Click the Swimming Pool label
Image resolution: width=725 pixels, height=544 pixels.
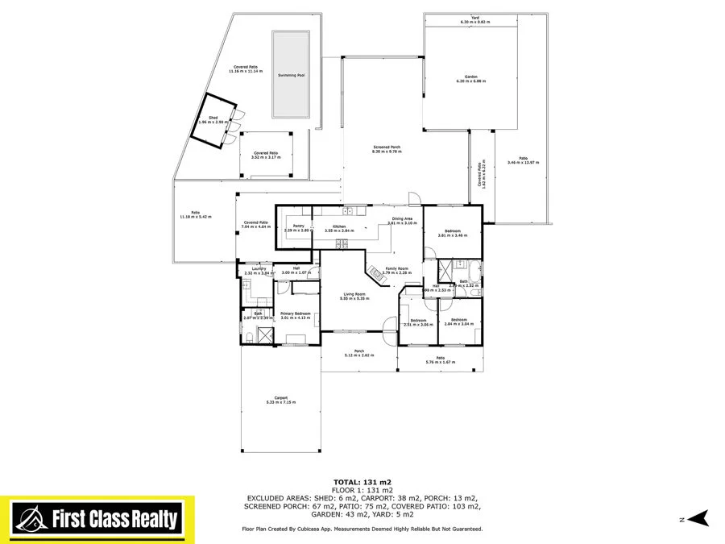pyautogui.click(x=291, y=75)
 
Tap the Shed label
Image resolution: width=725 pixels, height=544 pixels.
pyautogui.click(x=213, y=118)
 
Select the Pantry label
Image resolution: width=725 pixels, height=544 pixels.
pyautogui.click(x=297, y=226)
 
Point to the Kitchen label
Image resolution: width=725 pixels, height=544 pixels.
pyautogui.click(x=339, y=226)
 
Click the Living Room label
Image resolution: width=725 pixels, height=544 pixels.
pyautogui.click(x=355, y=294)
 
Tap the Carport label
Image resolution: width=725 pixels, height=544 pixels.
pyautogui.click(x=281, y=397)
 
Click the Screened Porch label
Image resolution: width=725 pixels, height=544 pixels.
pyautogui.click(x=387, y=147)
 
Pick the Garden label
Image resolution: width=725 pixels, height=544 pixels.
pyautogui.click(x=459, y=77)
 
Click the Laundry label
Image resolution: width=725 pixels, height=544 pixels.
pyautogui.click(x=259, y=269)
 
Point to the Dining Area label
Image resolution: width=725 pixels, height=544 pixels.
pyautogui.click(x=403, y=218)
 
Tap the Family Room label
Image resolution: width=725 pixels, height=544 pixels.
pyautogui.click(x=397, y=268)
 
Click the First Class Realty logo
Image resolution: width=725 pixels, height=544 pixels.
pyautogui.click(x=97, y=520)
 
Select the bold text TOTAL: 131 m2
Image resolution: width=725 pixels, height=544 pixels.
pyautogui.click(x=362, y=482)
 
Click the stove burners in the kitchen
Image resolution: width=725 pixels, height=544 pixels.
pyautogui.click(x=341, y=243)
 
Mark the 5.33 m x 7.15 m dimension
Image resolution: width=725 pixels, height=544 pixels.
pyautogui.click(x=281, y=402)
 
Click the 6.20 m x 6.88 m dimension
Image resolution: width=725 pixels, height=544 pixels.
pyautogui.click(x=459, y=81)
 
